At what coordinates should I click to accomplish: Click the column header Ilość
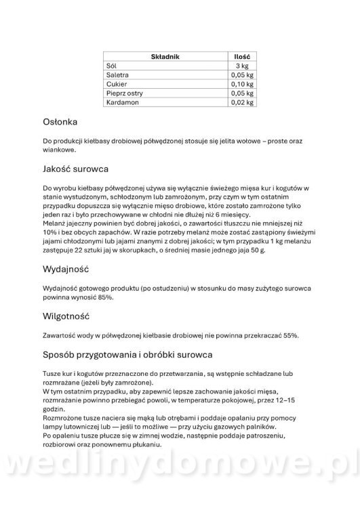coord(241,57)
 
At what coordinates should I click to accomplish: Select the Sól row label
coord(112,66)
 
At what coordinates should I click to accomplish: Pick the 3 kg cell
coord(242,66)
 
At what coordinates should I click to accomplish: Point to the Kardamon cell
coord(122,103)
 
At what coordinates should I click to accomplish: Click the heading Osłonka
coord(60,123)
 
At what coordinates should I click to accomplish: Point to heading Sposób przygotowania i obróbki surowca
coord(127,354)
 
